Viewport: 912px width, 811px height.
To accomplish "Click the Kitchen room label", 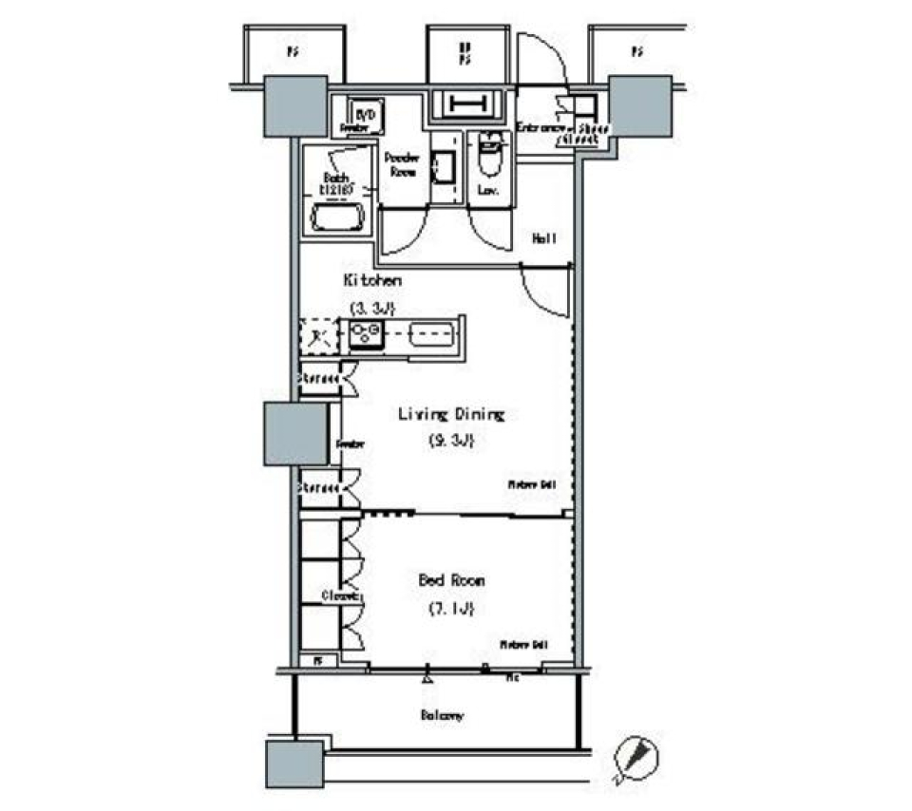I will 372,280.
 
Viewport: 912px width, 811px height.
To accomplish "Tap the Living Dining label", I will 450,414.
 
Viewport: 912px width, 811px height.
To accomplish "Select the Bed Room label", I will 452,579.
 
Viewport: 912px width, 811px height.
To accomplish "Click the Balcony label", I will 443,715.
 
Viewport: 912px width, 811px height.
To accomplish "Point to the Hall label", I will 544,238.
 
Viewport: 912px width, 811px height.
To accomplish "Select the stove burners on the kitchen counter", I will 365,333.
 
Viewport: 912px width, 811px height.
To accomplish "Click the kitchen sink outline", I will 433,333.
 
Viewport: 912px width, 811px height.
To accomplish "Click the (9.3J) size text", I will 451,441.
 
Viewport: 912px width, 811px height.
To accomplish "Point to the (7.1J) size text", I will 452,608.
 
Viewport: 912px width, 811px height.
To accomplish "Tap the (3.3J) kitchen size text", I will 371,307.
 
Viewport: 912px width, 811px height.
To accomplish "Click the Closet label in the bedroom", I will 337,596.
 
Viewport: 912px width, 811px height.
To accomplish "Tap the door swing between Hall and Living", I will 543,290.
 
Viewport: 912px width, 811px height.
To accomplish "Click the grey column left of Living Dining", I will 295,434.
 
